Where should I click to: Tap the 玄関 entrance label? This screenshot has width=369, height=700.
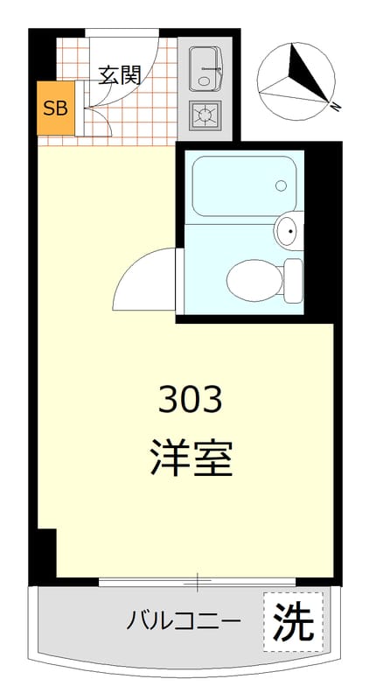[x=120, y=75]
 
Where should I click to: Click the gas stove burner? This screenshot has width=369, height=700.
[x=206, y=114]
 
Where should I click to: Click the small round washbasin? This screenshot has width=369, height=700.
[x=287, y=231]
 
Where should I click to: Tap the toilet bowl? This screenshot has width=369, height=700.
[x=254, y=280]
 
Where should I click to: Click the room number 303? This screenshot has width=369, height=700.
[x=191, y=401]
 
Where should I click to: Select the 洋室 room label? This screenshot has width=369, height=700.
[x=191, y=458]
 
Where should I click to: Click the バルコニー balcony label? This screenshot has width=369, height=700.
[x=183, y=622]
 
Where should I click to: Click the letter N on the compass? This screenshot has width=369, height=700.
[x=335, y=107]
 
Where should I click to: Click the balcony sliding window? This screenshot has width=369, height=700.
[x=198, y=580]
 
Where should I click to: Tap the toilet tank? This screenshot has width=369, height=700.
[x=294, y=280]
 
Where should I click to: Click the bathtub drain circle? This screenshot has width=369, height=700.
[x=281, y=185]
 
